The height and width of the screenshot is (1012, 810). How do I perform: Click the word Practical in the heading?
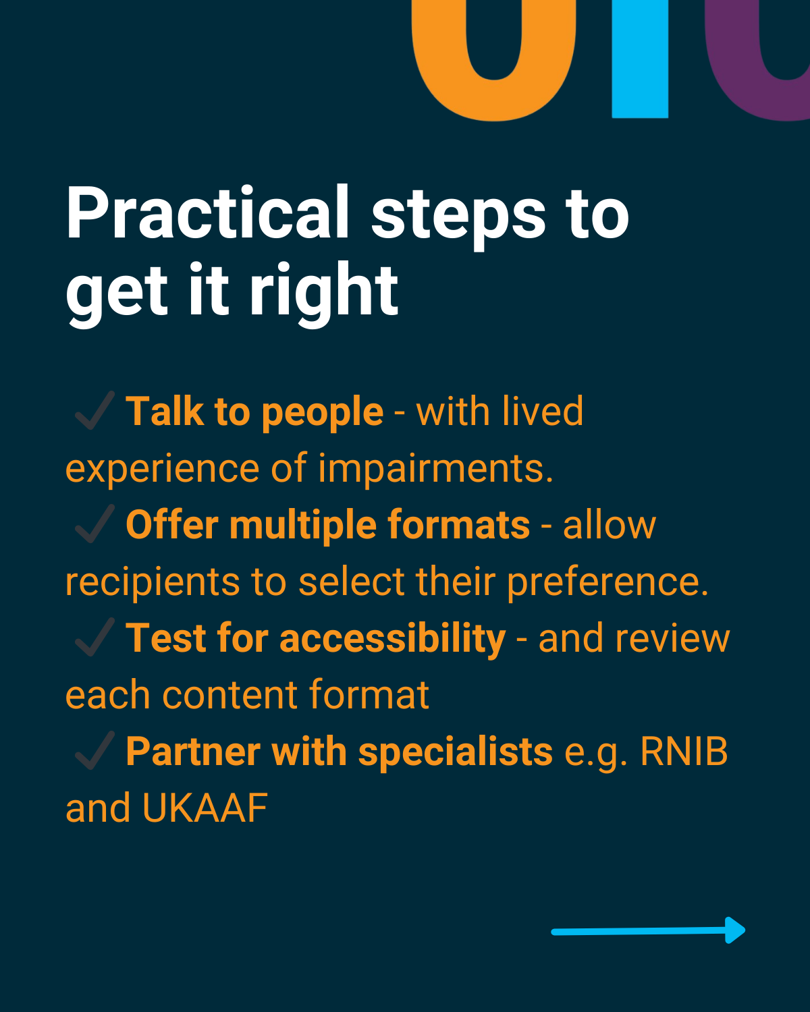208,213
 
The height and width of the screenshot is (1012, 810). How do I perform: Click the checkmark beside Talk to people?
94,410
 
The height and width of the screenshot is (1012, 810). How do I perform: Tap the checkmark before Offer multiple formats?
94,524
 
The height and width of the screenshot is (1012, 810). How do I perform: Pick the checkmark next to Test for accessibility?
94,637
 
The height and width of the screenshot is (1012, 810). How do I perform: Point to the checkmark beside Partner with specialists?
94,750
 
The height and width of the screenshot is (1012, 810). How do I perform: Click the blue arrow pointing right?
648,930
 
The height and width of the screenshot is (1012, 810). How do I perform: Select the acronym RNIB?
684,752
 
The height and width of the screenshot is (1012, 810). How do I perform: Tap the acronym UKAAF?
205,808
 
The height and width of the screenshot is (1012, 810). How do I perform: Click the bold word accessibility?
393,640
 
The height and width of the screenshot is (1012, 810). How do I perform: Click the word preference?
607,582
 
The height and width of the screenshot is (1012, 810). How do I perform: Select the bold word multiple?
303,526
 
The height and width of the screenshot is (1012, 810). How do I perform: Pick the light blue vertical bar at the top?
640,59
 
